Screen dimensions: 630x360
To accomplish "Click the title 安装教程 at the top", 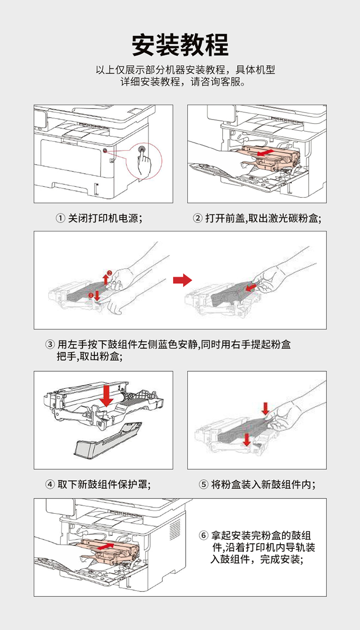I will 180,45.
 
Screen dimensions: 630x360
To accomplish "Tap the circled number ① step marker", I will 60,219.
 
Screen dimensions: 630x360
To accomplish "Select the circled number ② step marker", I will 197,219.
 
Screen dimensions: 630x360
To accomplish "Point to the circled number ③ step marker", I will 50,345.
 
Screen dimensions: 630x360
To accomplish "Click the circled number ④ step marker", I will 50,484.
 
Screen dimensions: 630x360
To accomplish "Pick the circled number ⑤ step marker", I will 203,484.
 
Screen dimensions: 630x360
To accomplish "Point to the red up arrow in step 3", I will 106,279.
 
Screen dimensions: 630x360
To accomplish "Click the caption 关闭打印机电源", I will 104,219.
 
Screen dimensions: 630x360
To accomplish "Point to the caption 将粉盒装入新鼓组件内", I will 264,484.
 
